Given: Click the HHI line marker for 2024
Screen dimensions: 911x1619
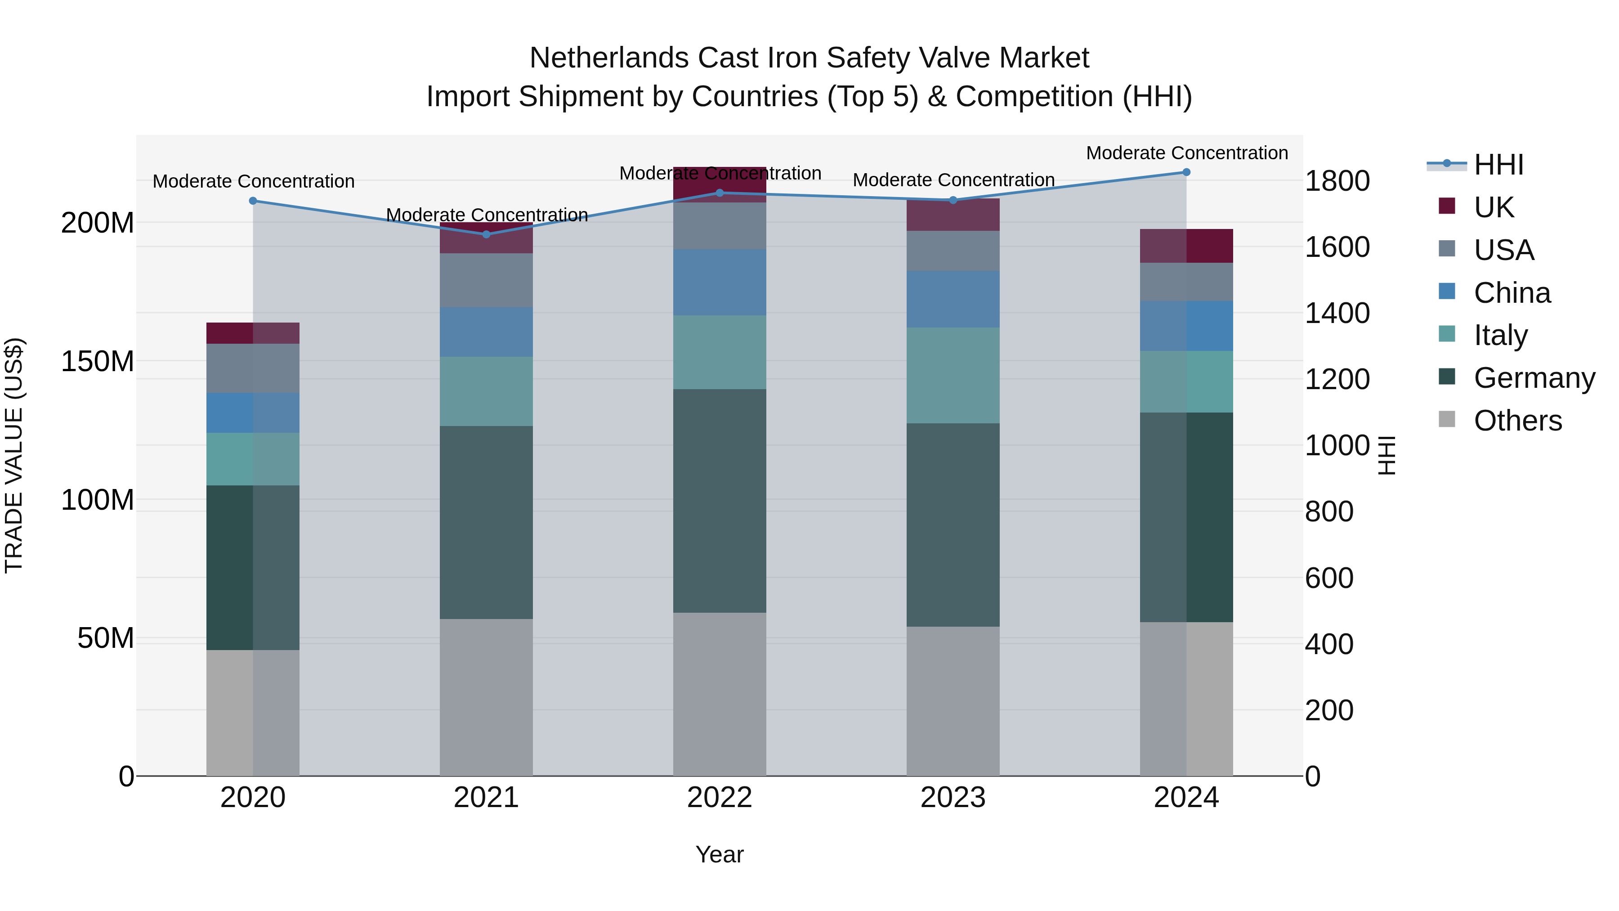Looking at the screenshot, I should (1186, 172).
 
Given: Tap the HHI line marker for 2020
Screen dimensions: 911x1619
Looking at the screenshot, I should (253, 201).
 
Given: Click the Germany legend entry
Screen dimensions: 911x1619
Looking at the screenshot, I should (1534, 378).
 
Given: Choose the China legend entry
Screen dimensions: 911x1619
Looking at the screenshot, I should (1512, 293).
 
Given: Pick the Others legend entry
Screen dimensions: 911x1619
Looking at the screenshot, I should (1517, 421).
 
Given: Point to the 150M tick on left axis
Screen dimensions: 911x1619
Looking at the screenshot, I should (98, 362).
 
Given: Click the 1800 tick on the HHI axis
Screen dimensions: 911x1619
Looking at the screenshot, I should (1337, 181).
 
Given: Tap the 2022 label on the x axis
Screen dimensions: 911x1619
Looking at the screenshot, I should (719, 798).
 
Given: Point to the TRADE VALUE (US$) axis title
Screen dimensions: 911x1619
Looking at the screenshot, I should (14, 455).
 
